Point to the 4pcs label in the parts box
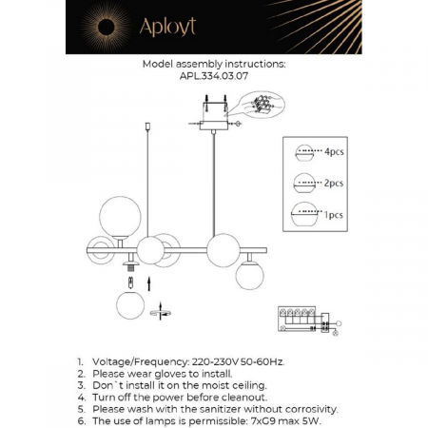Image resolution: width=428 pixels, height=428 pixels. (x=335, y=152)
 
